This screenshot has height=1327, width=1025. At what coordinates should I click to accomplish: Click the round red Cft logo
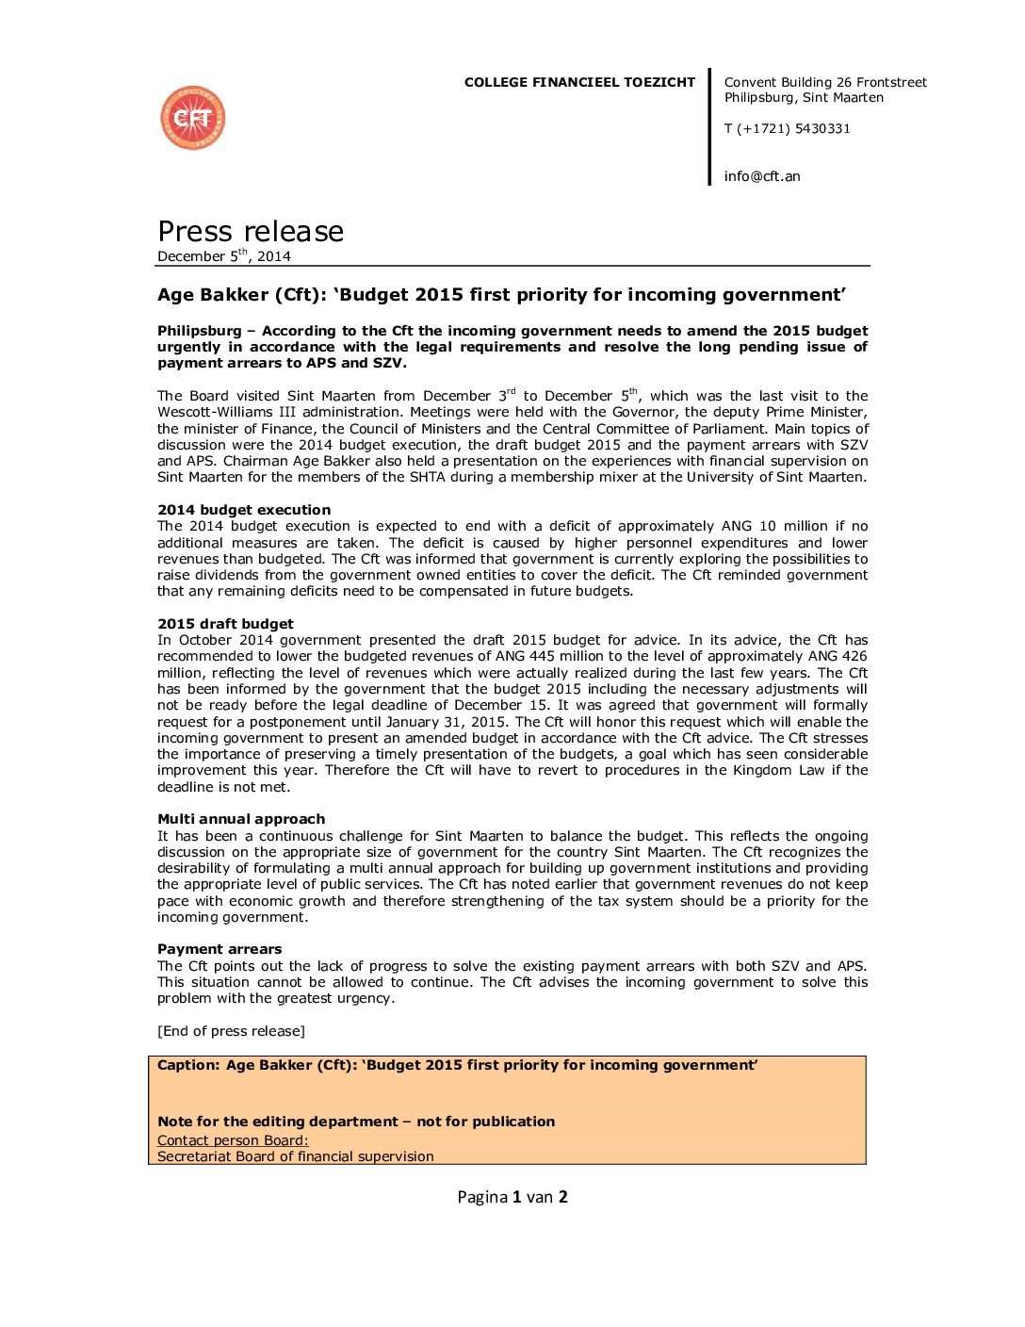(x=193, y=118)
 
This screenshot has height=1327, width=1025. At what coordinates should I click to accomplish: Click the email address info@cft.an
(x=762, y=176)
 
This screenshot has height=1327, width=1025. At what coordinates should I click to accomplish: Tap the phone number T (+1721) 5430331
(x=787, y=128)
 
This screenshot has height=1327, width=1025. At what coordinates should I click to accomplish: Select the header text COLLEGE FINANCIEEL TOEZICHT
(x=579, y=82)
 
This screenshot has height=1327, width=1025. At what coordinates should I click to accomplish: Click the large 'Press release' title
(x=251, y=231)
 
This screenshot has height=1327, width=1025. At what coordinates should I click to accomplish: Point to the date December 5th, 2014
(x=224, y=255)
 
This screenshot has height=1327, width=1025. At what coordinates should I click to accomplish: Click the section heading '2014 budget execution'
(x=244, y=510)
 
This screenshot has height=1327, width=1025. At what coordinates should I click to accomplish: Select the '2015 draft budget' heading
(x=225, y=624)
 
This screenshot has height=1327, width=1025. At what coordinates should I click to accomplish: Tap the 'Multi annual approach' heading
(x=241, y=819)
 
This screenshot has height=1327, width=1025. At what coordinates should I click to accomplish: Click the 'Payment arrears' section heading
(x=220, y=949)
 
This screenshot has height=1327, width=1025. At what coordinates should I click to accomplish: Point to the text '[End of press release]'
(x=231, y=1031)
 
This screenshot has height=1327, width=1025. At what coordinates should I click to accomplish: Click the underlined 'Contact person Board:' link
(x=233, y=1140)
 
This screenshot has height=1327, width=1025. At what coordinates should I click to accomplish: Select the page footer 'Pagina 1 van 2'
(x=512, y=1197)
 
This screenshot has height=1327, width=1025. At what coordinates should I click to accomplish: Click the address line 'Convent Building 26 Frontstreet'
(x=825, y=82)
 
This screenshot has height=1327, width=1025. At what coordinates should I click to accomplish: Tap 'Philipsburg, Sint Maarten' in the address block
(x=804, y=97)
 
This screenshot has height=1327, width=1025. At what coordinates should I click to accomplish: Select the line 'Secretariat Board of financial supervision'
(x=296, y=1156)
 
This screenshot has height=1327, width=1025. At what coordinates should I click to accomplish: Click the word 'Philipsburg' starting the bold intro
(x=200, y=331)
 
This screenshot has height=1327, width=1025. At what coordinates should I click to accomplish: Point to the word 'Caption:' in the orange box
(x=188, y=1065)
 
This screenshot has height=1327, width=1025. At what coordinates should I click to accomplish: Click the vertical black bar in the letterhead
(x=710, y=126)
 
